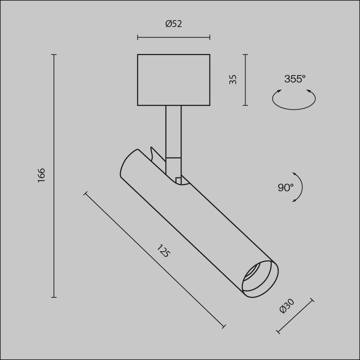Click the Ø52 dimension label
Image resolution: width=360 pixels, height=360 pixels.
tap(174, 24)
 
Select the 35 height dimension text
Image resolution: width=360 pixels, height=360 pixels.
tap(233, 79)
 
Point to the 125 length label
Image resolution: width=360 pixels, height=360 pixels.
tap(163, 251)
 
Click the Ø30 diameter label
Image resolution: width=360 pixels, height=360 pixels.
tap(287, 306)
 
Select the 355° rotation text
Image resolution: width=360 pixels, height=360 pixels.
tap(294, 79)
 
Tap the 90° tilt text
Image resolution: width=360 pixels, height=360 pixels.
tap(285, 188)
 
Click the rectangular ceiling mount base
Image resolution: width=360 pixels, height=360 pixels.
tap(174, 80)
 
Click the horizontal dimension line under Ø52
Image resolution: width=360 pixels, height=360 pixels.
tap(174, 37)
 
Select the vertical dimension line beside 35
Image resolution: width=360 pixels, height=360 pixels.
tap(246, 80)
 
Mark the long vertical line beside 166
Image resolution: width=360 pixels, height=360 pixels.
tap(54, 176)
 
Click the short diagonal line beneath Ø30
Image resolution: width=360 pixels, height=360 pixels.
tap(295, 316)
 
